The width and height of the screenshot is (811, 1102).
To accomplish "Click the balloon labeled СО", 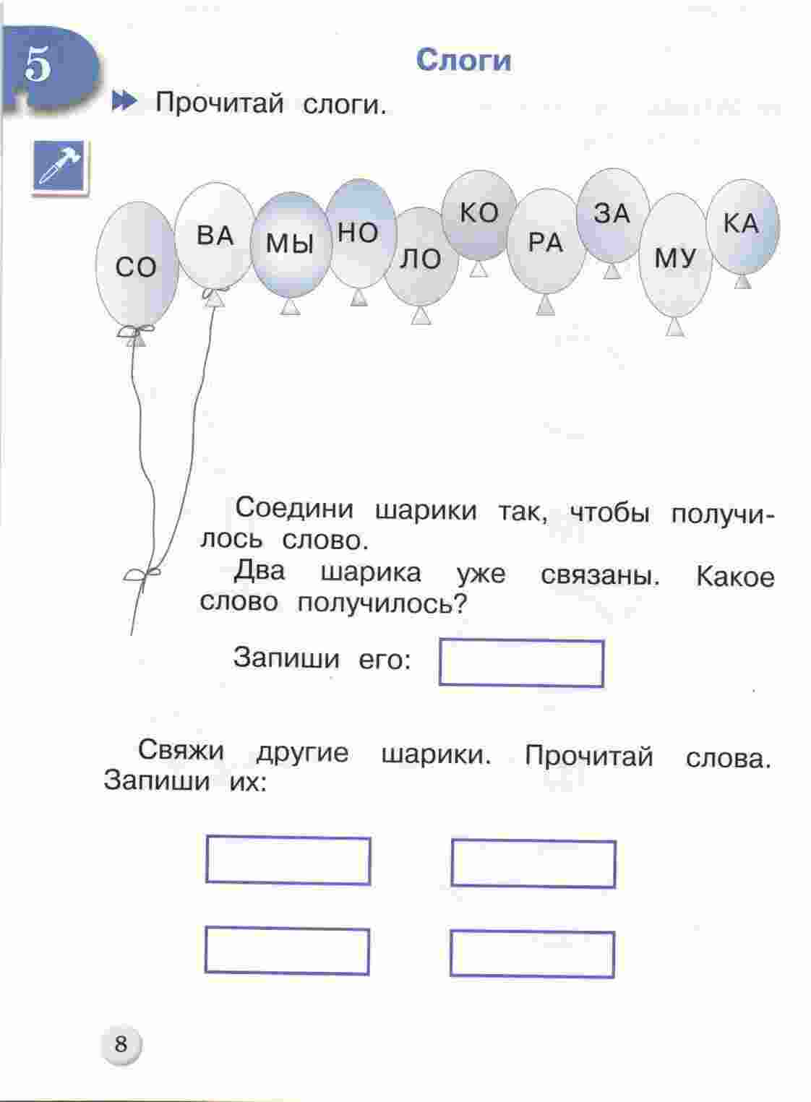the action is [137, 266].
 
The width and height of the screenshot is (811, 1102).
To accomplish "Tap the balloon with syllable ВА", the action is [215, 235].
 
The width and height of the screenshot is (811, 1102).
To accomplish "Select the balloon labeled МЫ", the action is [291, 244].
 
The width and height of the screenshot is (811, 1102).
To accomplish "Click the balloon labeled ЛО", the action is [421, 258].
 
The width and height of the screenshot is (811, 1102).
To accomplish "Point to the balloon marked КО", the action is [479, 215].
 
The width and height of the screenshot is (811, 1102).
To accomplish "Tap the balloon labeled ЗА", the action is [613, 215].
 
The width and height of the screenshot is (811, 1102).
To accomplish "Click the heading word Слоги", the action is [463, 61].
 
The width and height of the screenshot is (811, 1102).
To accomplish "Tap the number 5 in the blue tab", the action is [38, 64].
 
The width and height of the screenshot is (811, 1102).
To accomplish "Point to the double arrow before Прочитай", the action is [125, 102].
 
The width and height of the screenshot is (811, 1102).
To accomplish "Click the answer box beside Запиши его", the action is [521, 663].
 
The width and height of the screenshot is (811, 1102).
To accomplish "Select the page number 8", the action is [121, 1044].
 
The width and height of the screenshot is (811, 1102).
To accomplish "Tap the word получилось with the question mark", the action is [382, 603].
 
